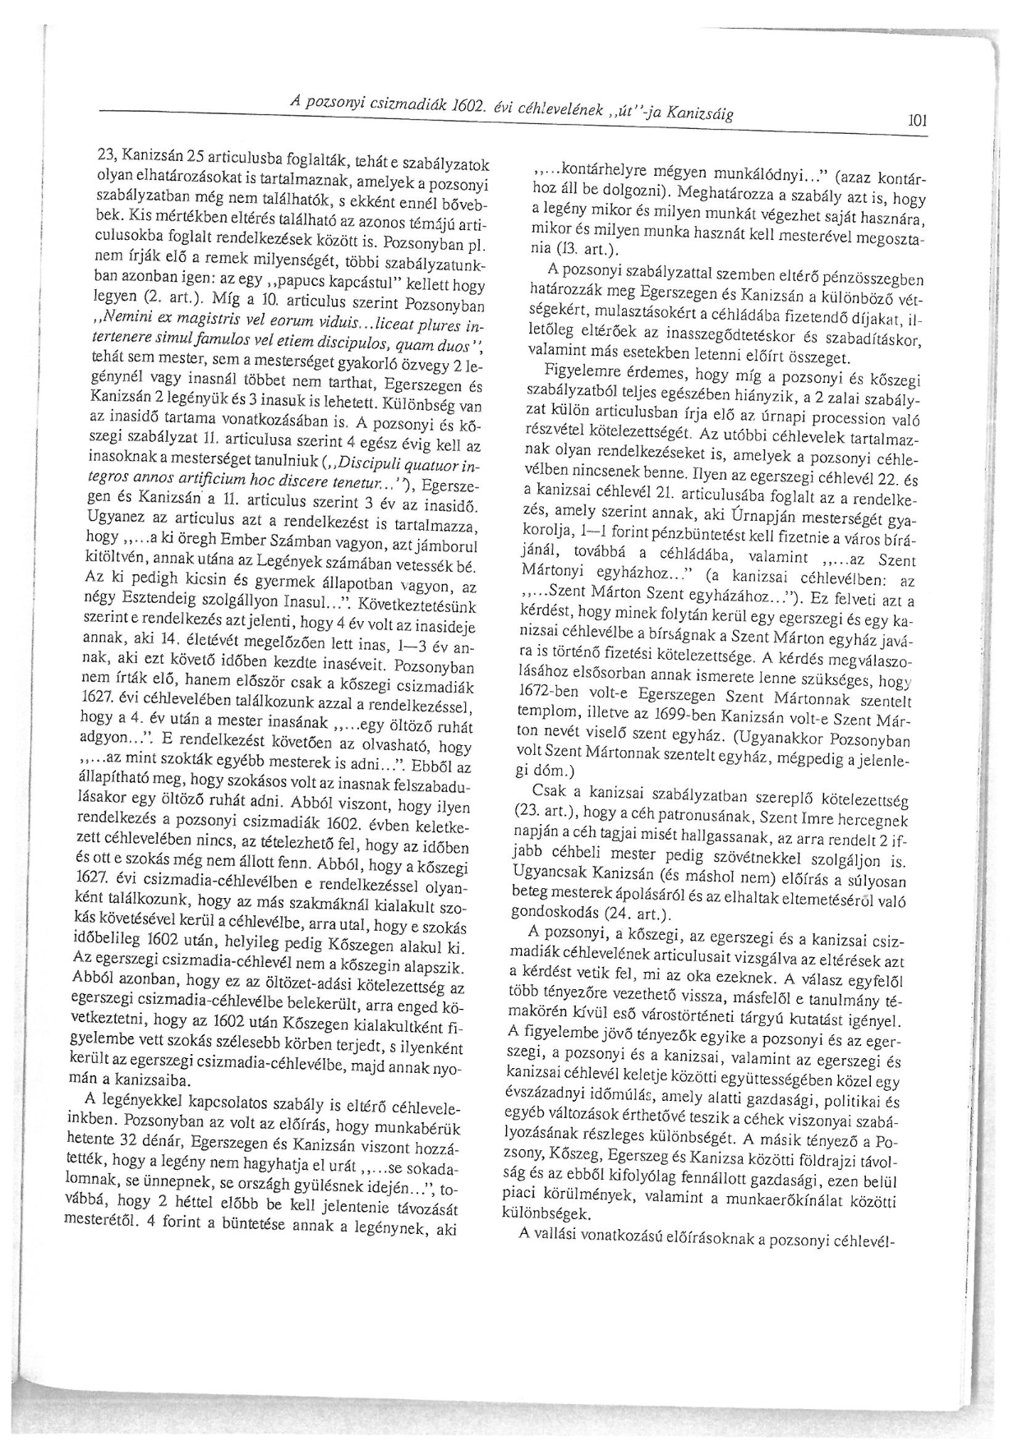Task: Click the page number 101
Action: tap(917, 121)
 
